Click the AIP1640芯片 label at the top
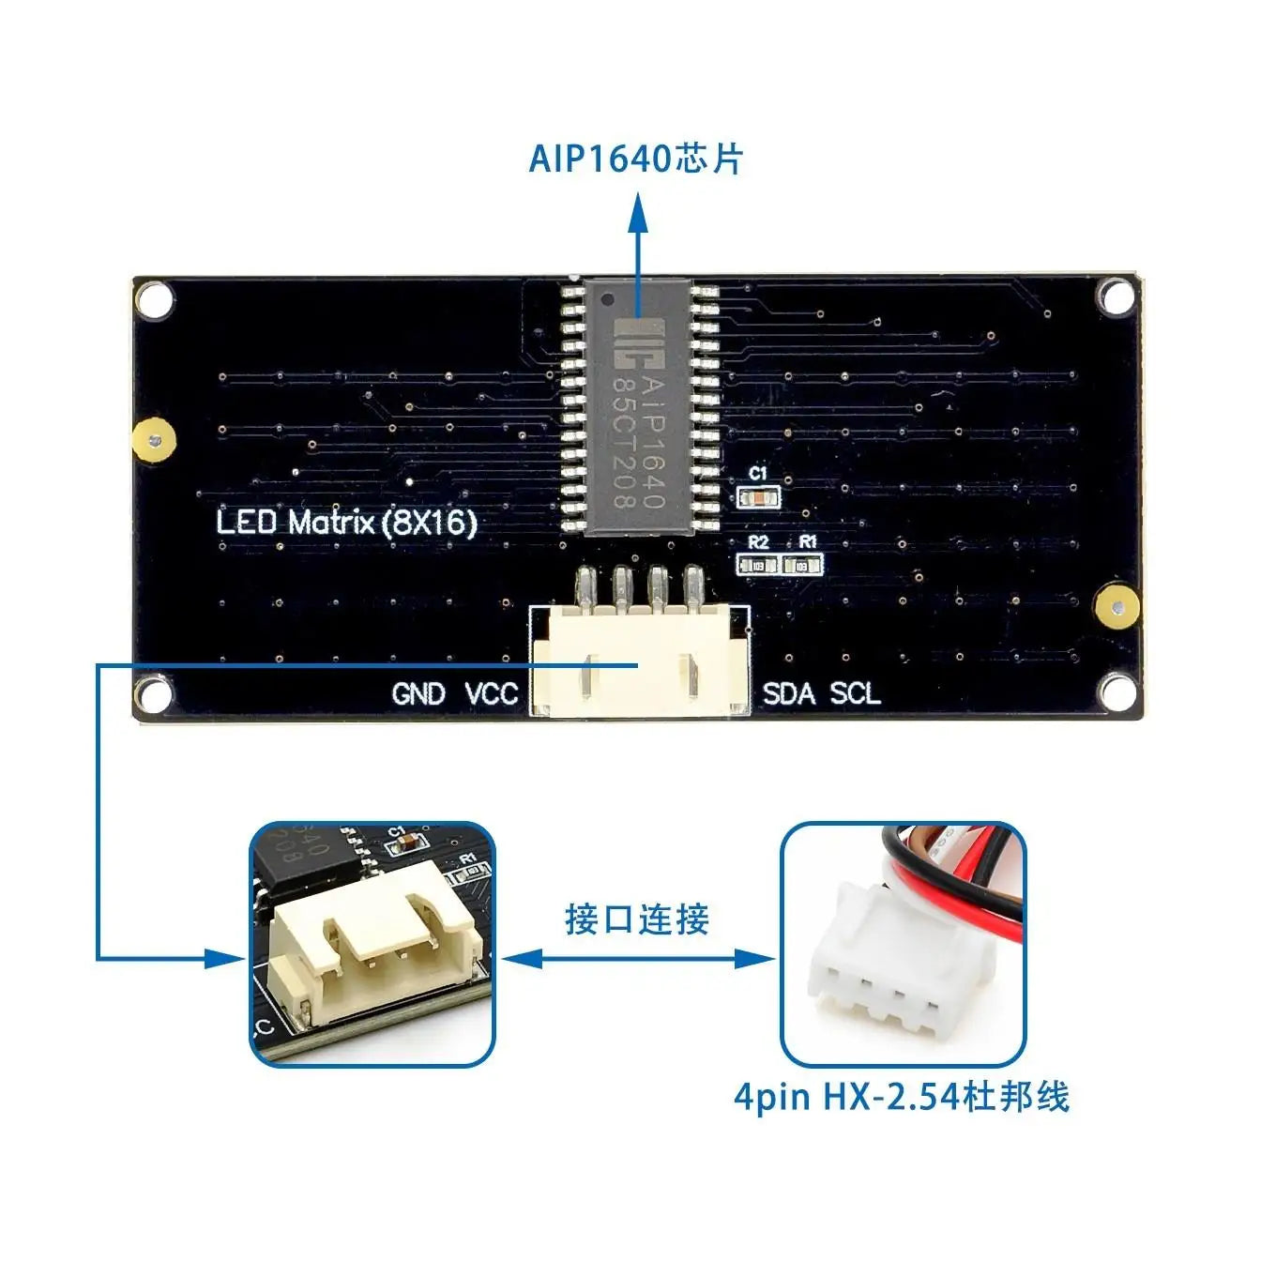636,159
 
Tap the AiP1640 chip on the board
640,408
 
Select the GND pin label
418,694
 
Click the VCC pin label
492,694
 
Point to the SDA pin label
789,694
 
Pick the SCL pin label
856,694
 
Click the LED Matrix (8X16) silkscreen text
347,522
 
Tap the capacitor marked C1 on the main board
758,498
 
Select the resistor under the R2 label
758,565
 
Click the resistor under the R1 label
803,565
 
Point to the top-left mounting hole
156,300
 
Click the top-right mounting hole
1116,297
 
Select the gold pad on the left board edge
154,440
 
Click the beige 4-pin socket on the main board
640,661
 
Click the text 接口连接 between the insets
637,919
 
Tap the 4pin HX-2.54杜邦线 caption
902,1096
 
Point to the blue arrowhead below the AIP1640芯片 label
638,211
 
